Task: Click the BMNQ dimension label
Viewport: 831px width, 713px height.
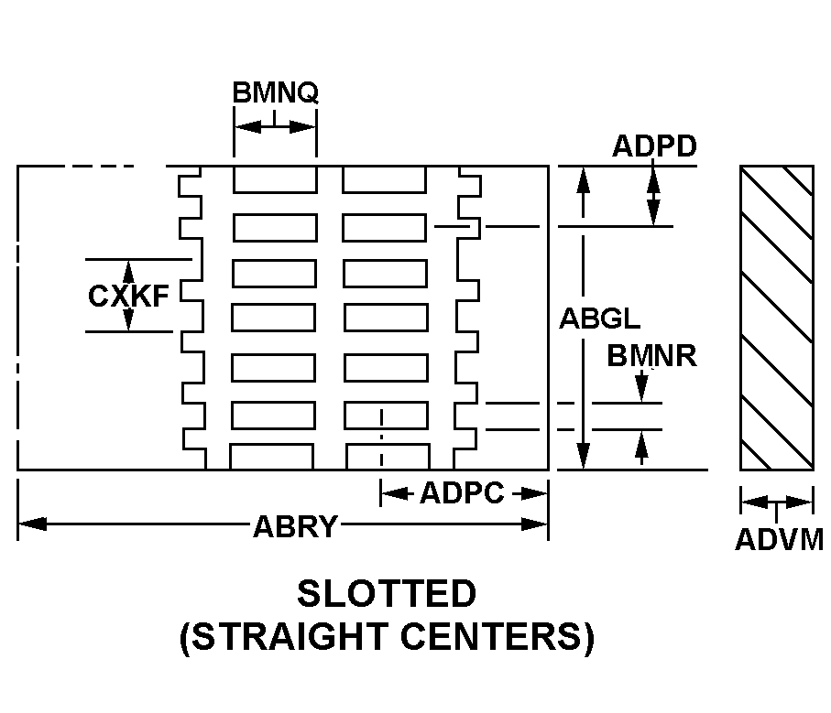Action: click(275, 92)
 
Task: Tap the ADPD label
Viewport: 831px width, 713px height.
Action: click(654, 146)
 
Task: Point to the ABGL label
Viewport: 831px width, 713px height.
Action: click(600, 319)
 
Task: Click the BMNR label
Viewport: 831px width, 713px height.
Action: click(651, 355)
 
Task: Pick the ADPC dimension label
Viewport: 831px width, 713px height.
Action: click(462, 494)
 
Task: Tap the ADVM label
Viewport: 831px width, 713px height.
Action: click(779, 540)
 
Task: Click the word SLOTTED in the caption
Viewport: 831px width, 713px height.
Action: click(387, 594)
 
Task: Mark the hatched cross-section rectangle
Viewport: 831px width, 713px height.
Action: click(777, 318)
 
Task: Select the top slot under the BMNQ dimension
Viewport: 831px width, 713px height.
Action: click(275, 179)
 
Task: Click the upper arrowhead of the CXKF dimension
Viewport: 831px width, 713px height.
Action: click(128, 270)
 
